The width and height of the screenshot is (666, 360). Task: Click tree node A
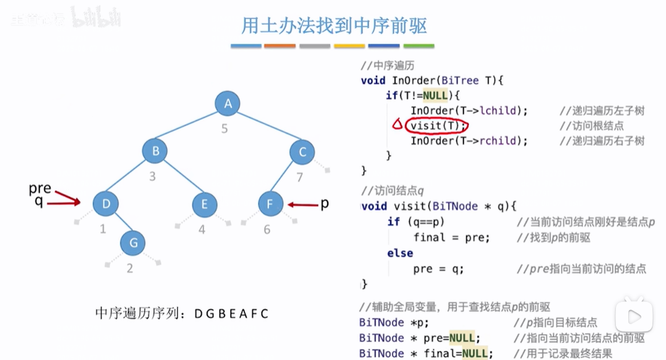[228, 104]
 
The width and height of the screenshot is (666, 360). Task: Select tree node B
[155, 152]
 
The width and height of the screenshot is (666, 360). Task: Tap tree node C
[302, 152]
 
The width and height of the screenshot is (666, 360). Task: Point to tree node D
[106, 204]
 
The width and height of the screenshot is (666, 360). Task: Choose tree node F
[270, 204]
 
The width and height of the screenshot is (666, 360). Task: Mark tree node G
[132, 242]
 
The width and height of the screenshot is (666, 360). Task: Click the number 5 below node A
[224, 129]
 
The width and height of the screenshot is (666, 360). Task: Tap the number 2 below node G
[130, 268]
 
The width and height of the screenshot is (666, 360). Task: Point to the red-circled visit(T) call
[437, 126]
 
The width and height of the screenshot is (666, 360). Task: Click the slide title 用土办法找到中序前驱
[334, 26]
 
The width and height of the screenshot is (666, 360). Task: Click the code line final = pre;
[451, 238]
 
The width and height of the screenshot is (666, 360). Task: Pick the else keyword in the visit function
[400, 253]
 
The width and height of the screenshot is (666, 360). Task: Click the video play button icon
[634, 317]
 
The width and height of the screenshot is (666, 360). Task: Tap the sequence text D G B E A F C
[231, 314]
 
